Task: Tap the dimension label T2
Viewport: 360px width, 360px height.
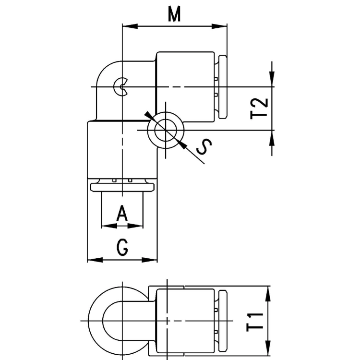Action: (259, 108)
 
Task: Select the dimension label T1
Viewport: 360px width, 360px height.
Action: (255, 321)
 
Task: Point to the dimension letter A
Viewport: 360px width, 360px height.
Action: (122, 213)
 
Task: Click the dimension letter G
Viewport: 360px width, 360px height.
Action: (122, 247)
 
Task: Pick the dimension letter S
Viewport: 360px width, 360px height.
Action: (204, 147)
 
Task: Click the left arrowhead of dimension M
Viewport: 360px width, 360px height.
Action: (130, 26)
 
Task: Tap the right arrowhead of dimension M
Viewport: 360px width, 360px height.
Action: (219, 26)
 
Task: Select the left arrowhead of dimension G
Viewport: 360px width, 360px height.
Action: (95, 260)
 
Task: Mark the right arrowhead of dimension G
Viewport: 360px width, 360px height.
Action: (150, 260)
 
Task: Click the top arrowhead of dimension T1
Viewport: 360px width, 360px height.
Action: (268, 294)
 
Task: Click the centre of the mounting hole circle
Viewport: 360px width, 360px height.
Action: (166, 130)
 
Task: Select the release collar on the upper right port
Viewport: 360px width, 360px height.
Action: (223, 87)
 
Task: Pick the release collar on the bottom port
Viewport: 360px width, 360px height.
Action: (122, 187)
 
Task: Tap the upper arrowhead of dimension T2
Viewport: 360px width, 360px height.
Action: (272, 79)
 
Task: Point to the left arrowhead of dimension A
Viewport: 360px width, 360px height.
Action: (109, 226)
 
